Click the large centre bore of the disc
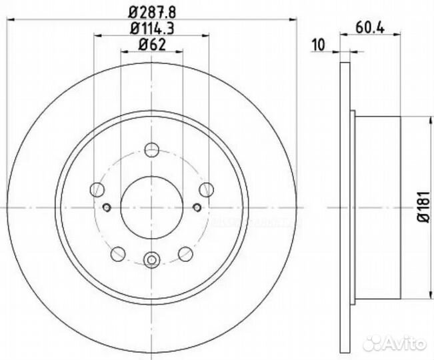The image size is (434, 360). tap(152, 207)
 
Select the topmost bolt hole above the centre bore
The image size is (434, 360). tap(152, 149)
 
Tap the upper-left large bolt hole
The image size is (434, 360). tap(98, 189)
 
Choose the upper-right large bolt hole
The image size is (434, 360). tap(206, 189)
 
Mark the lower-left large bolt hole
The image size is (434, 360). tap(118, 253)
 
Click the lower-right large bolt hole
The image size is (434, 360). tap(186, 253)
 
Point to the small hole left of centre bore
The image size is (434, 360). tap(107, 207)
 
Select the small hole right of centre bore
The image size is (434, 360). tap(197, 207)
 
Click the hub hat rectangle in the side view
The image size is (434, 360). tap(377, 208)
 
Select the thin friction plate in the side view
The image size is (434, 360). tap(344, 208)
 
